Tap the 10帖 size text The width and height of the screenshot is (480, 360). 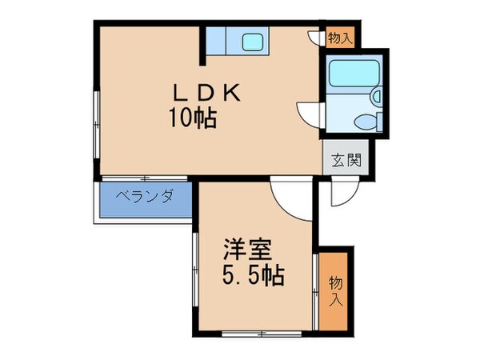192,120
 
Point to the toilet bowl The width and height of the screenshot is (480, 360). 366,123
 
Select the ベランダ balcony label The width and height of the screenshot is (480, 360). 145,196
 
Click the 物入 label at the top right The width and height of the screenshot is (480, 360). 339,37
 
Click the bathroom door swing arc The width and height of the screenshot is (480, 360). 308,113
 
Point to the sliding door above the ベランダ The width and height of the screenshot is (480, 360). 145,177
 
